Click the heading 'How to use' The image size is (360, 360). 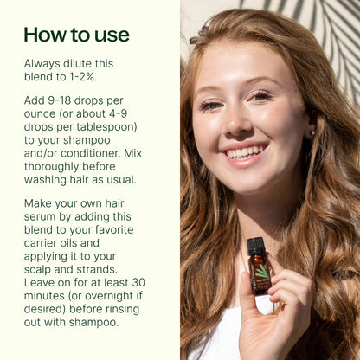click(76, 35)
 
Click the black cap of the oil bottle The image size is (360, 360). click(256, 247)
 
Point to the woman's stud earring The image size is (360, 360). click(312, 132)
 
